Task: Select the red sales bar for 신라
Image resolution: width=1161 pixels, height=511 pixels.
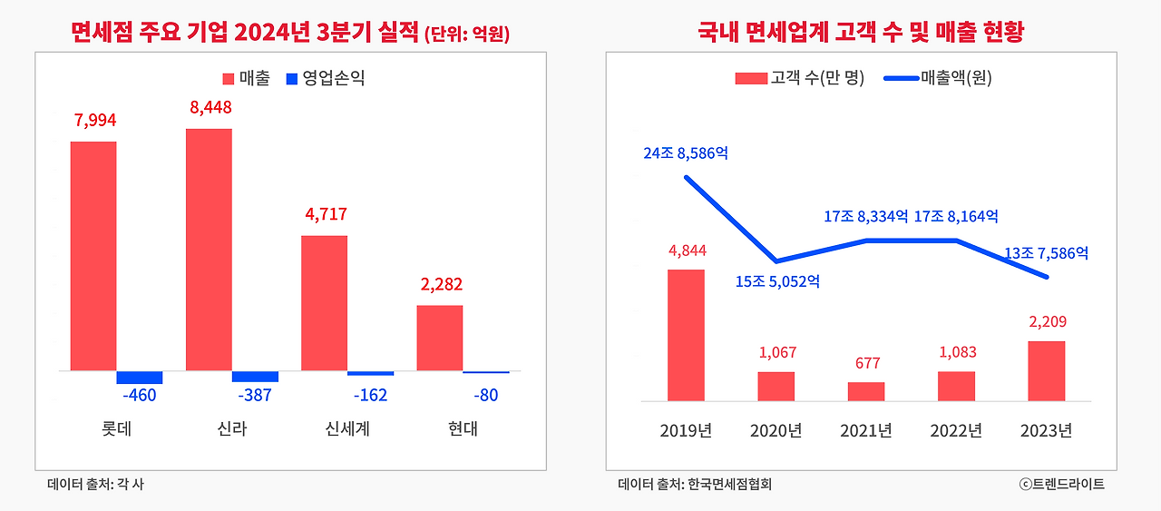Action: point(209,250)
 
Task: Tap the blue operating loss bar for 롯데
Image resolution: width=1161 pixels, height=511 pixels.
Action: point(140,377)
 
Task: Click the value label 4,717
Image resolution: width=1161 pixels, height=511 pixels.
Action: point(326,215)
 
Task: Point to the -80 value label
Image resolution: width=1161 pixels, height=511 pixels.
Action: point(485,395)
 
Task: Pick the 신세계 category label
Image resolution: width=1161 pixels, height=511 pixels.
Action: point(347,429)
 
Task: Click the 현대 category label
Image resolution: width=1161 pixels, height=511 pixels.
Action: point(463,429)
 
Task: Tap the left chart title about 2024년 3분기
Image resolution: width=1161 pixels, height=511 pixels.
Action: point(290,34)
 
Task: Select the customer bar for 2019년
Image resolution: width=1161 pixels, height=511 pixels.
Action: point(686,335)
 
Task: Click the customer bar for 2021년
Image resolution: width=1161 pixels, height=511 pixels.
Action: point(866,391)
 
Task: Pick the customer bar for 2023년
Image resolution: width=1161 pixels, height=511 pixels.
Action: point(1047,370)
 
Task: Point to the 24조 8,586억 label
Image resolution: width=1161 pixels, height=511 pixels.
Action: point(686,153)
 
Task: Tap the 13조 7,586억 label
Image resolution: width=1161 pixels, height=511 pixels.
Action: point(1046,253)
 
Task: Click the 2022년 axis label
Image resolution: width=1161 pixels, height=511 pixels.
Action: point(956,430)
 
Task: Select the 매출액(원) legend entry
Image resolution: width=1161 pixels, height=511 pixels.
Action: point(938,79)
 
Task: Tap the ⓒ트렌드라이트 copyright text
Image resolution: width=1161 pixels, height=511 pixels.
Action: point(1061,485)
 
